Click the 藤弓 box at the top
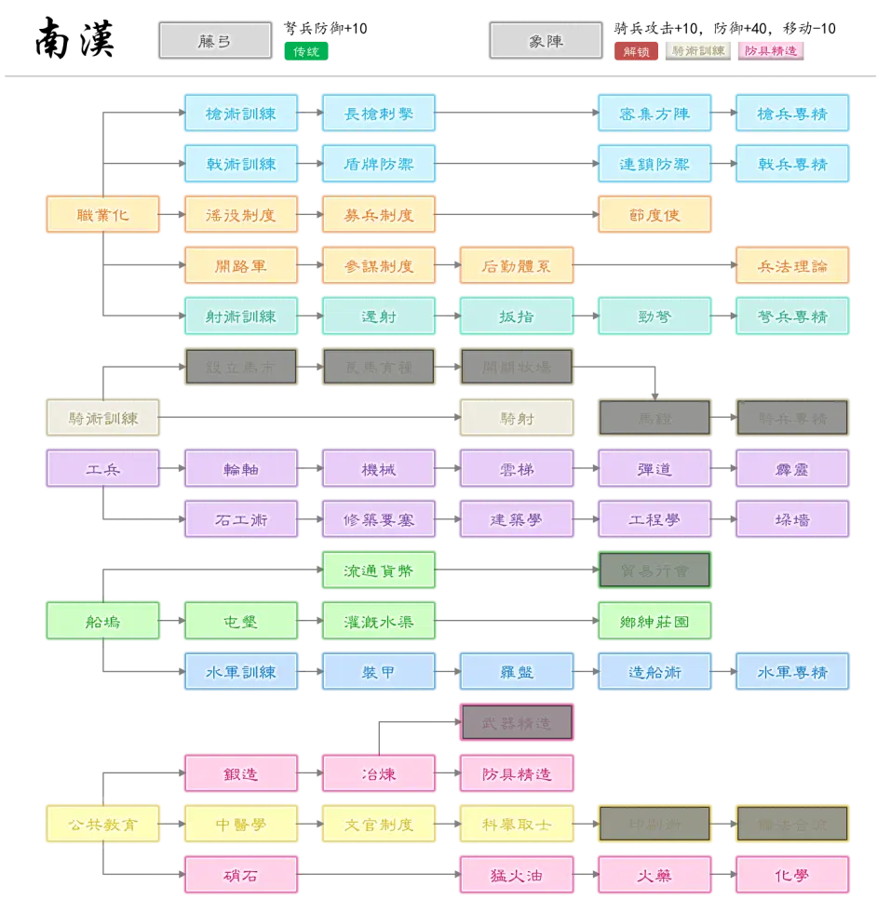(x=215, y=42)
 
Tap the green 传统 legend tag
(x=306, y=52)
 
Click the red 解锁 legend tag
(x=637, y=52)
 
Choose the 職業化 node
(x=102, y=215)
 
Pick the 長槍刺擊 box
(x=379, y=114)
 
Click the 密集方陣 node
(x=654, y=114)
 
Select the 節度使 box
(x=654, y=215)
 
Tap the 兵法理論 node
(x=792, y=265)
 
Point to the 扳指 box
(x=517, y=316)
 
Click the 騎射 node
(x=517, y=418)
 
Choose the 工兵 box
(x=102, y=469)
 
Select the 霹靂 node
(x=792, y=469)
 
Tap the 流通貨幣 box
(x=379, y=571)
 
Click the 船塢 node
(x=102, y=621)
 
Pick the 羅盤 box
(x=517, y=672)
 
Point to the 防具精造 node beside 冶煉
(x=517, y=773)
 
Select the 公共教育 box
(x=102, y=824)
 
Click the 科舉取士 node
(x=517, y=824)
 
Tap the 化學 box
(x=792, y=875)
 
